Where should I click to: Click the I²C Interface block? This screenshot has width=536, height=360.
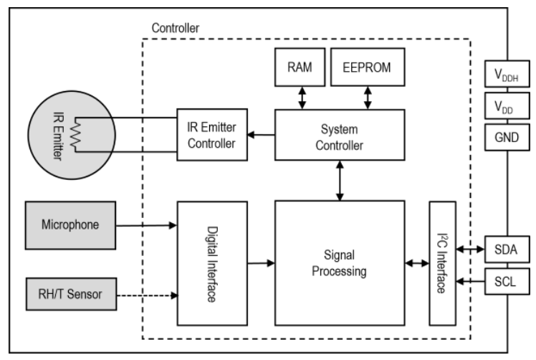441,262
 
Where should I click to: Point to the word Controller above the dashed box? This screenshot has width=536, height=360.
176,27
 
